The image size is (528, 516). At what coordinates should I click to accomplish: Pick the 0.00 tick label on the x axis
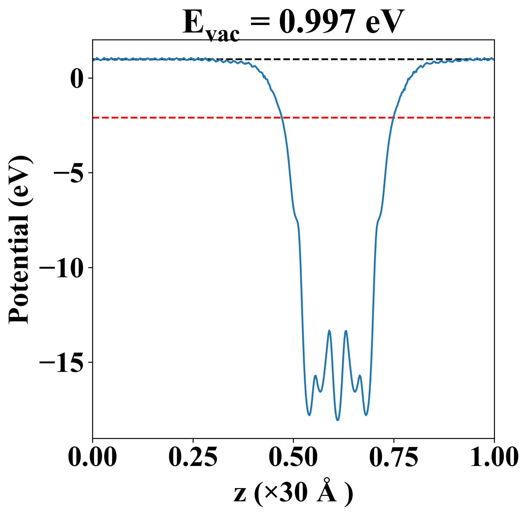pos(92,457)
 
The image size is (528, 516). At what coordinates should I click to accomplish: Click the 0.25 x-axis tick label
pos(193,457)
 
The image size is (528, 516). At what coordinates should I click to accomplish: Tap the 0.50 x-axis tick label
pos(293,457)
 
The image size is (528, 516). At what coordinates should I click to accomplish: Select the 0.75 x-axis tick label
pos(393,457)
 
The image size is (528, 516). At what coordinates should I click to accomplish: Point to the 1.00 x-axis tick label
pos(494,457)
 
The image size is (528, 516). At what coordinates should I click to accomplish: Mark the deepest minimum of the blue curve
pos(338,420)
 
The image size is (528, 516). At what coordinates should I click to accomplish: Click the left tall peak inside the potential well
pos(329,330)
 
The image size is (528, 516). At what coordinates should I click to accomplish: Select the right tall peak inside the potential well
pos(346,331)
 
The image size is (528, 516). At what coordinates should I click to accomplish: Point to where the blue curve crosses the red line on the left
pos(283,118)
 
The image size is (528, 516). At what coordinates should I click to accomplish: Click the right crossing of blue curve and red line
pos(393,118)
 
